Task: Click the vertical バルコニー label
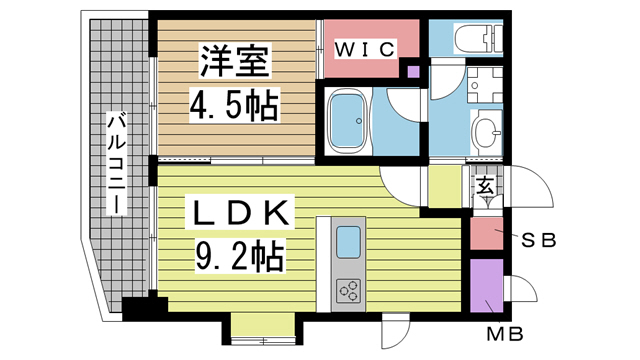pyautogui.click(x=116, y=163)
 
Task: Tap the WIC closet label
pyautogui.click(x=366, y=47)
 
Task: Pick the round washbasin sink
pyautogui.click(x=486, y=129)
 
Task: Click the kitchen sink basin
pyautogui.click(x=349, y=242)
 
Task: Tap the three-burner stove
pyautogui.click(x=349, y=291)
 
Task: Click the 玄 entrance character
pyautogui.click(x=484, y=186)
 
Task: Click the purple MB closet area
pyautogui.click(x=487, y=285)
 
